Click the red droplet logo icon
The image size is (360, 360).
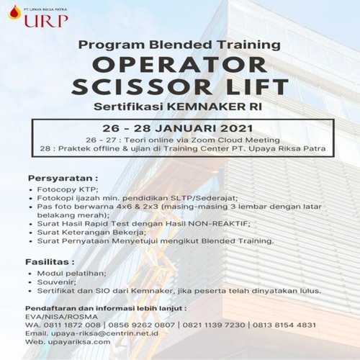14,12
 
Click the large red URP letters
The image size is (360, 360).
46,20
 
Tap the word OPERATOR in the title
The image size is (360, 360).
179,65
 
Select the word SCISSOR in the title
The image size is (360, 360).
142,86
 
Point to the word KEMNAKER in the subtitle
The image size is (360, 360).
207,107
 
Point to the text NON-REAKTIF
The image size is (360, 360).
219,224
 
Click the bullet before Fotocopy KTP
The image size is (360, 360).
30,190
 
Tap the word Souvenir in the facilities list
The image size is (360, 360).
56,282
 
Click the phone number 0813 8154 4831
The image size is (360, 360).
284,325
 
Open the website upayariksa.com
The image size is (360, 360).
79,342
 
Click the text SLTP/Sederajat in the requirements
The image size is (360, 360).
204,198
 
